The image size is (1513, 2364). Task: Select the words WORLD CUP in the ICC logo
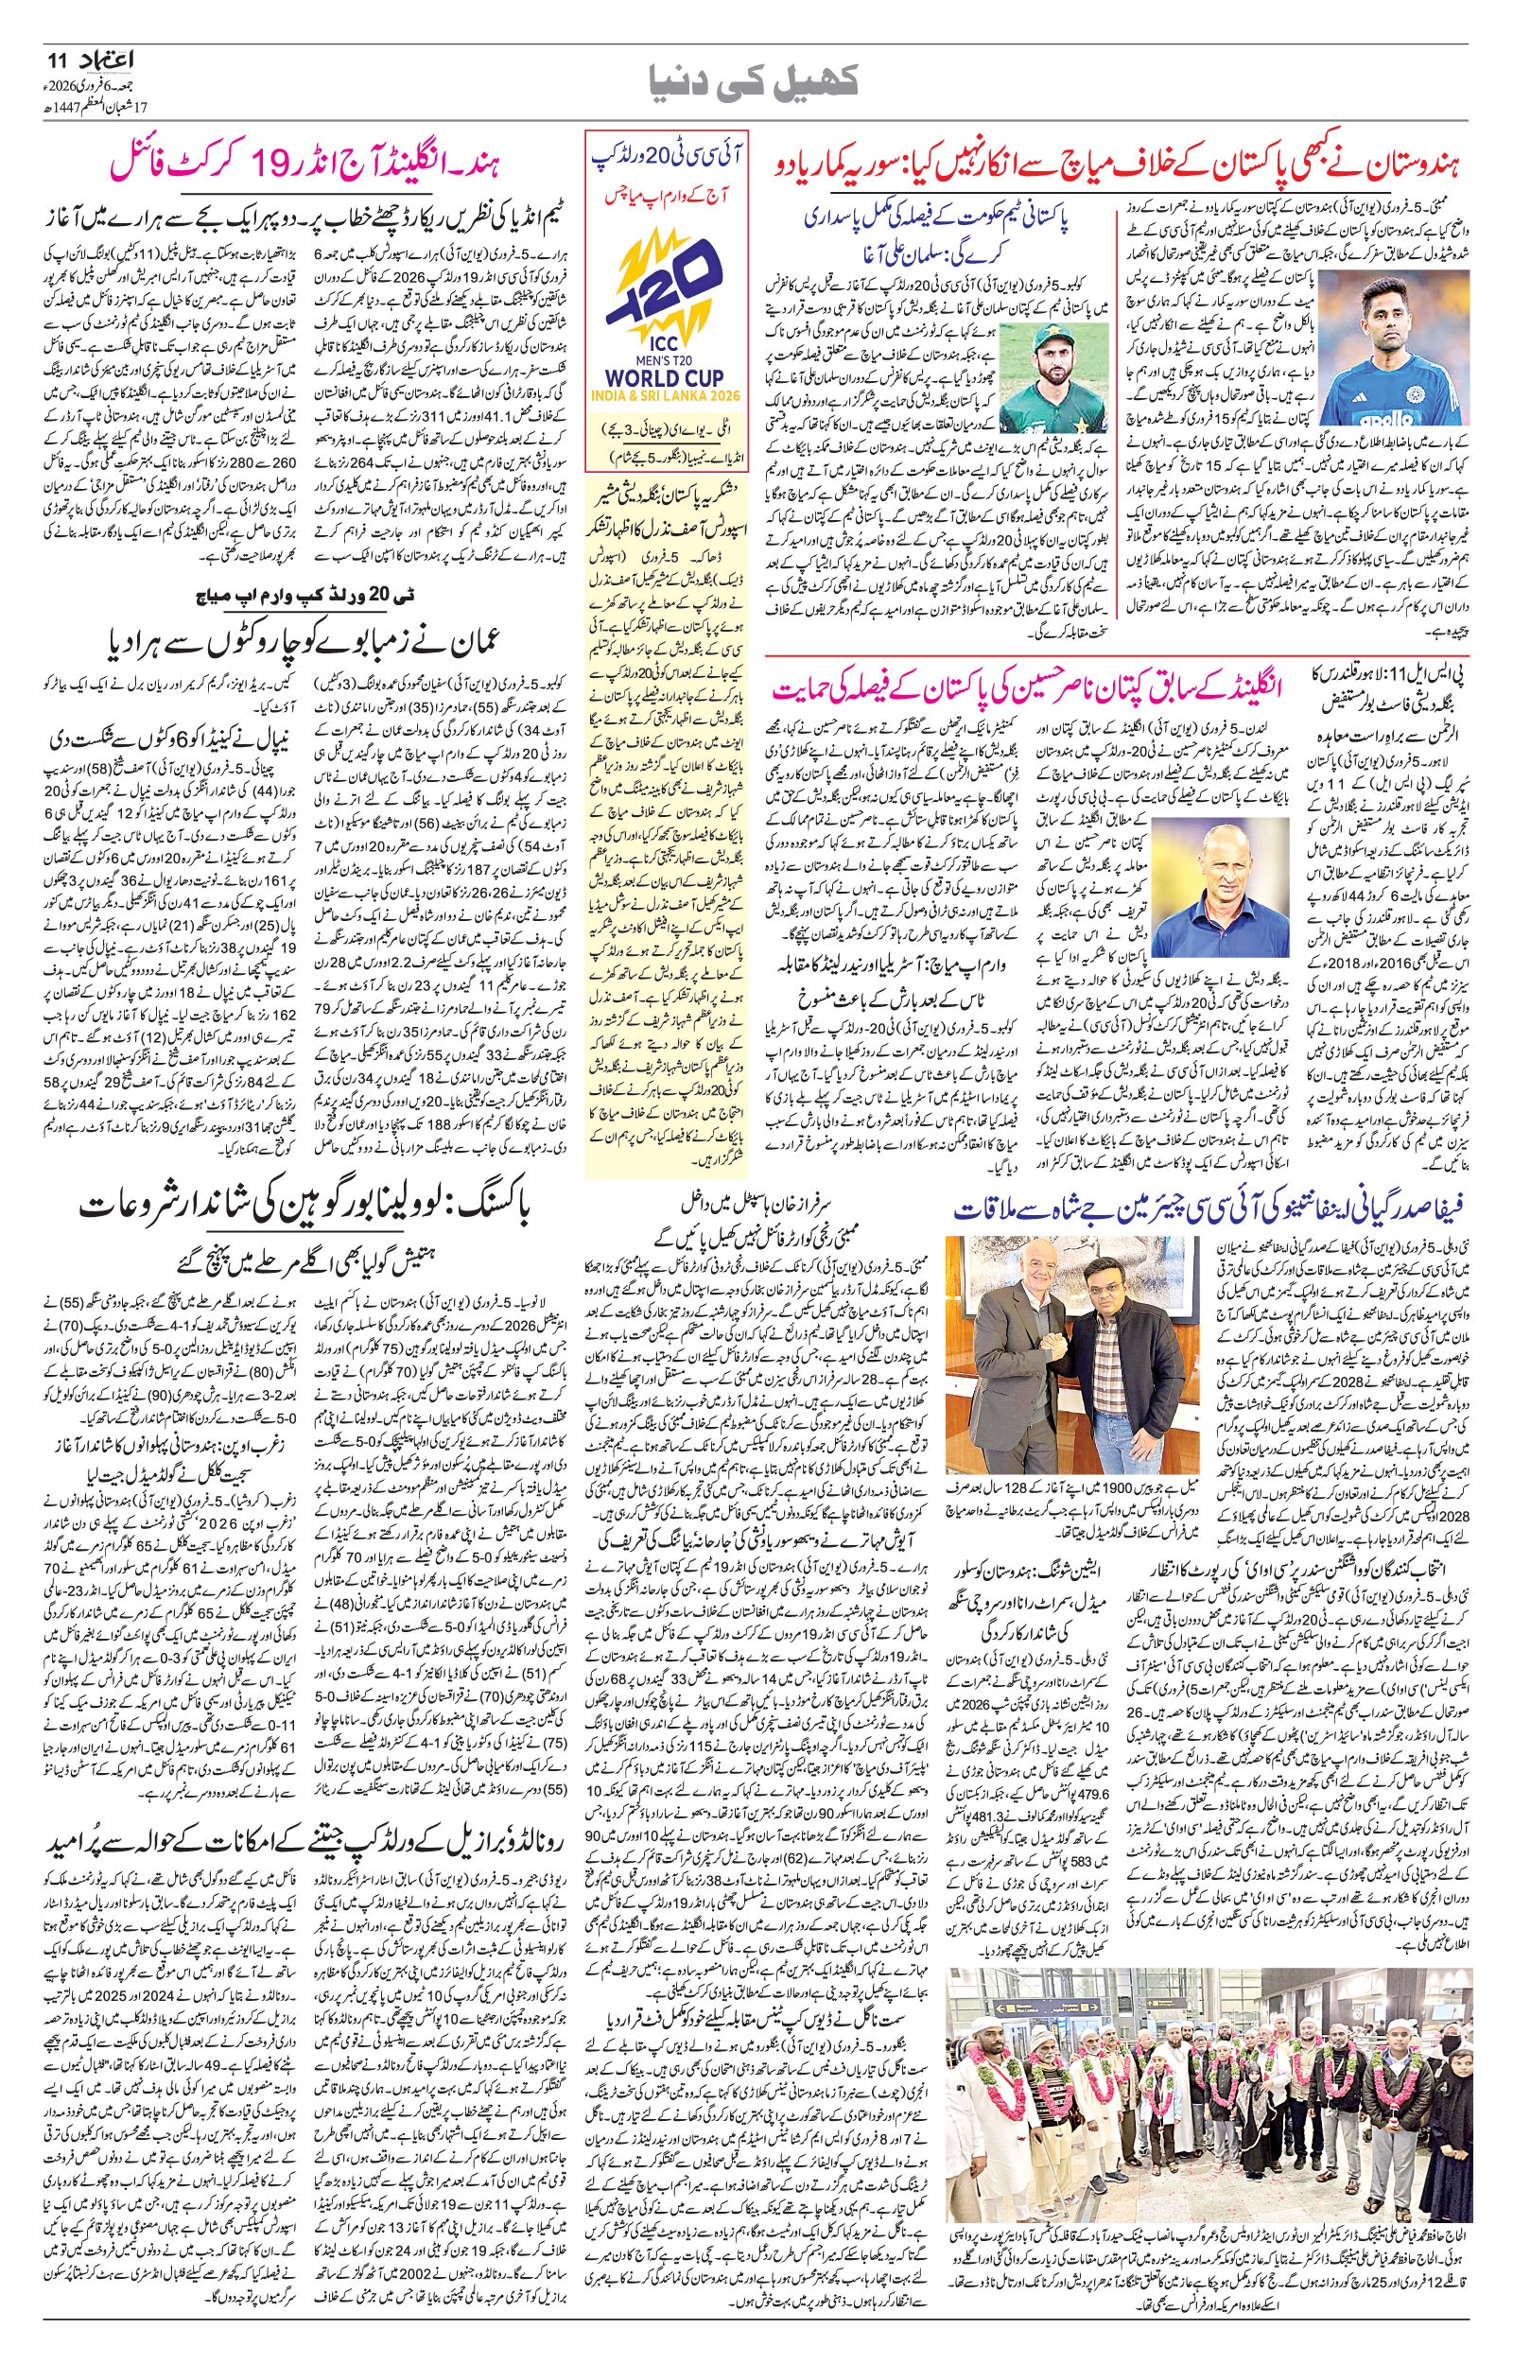pyautogui.click(x=665, y=377)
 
